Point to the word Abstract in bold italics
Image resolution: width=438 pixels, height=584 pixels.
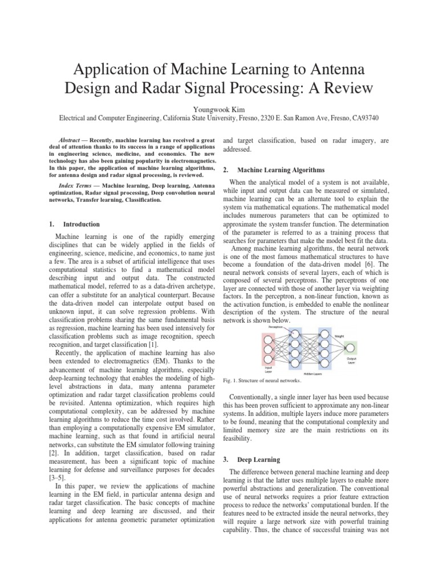click(71, 140)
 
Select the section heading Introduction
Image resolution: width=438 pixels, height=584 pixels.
click(82, 224)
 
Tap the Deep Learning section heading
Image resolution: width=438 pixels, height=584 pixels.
click(260, 459)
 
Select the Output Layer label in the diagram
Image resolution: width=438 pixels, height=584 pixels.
click(351, 361)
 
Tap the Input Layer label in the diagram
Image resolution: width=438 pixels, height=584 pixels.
click(267, 370)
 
